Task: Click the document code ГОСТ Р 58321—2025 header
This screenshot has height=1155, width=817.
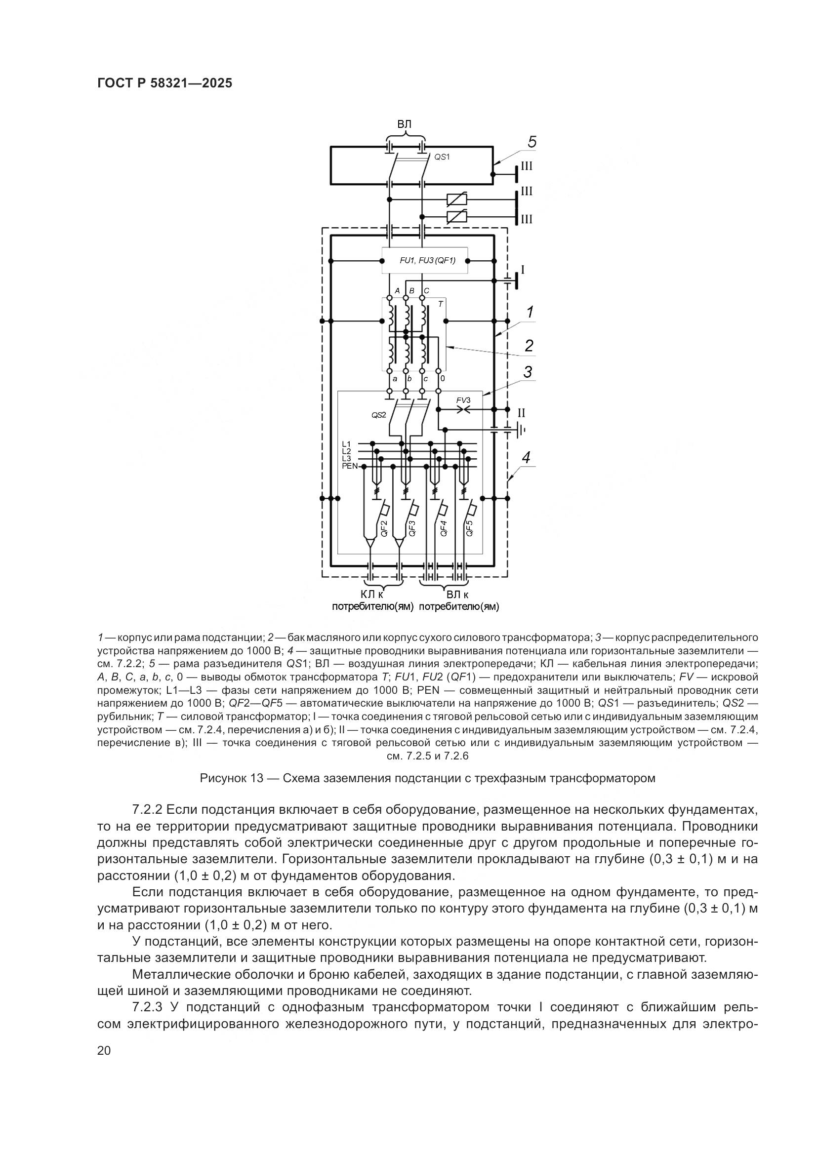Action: pyautogui.click(x=164, y=83)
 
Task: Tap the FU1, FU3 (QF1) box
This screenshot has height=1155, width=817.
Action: pyautogui.click(x=425, y=261)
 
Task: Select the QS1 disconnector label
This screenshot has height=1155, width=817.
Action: pyautogui.click(x=441, y=157)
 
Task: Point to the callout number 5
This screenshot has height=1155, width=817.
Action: pyautogui.click(x=532, y=143)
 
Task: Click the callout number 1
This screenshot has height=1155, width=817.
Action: pyautogui.click(x=530, y=313)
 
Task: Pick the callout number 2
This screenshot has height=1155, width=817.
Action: pyautogui.click(x=529, y=346)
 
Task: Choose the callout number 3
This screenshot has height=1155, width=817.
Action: pyautogui.click(x=528, y=373)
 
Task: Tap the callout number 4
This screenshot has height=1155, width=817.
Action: pyautogui.click(x=526, y=458)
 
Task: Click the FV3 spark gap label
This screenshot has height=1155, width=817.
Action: pyautogui.click(x=463, y=400)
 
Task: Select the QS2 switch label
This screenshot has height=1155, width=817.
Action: pyautogui.click(x=378, y=415)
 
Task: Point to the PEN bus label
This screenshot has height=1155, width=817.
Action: pyautogui.click(x=349, y=466)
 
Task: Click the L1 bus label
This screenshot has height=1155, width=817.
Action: pyautogui.click(x=346, y=444)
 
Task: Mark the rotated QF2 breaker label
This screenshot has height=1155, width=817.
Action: pyautogui.click(x=383, y=529)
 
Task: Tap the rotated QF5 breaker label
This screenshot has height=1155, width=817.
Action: pyautogui.click(x=469, y=529)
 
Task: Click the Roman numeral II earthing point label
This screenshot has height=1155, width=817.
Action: pyautogui.click(x=522, y=413)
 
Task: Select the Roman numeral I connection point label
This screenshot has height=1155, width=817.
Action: pyautogui.click(x=523, y=270)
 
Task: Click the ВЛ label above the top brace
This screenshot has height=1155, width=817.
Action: pyautogui.click(x=405, y=124)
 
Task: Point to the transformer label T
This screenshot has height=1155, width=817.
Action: pyautogui.click(x=440, y=304)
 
